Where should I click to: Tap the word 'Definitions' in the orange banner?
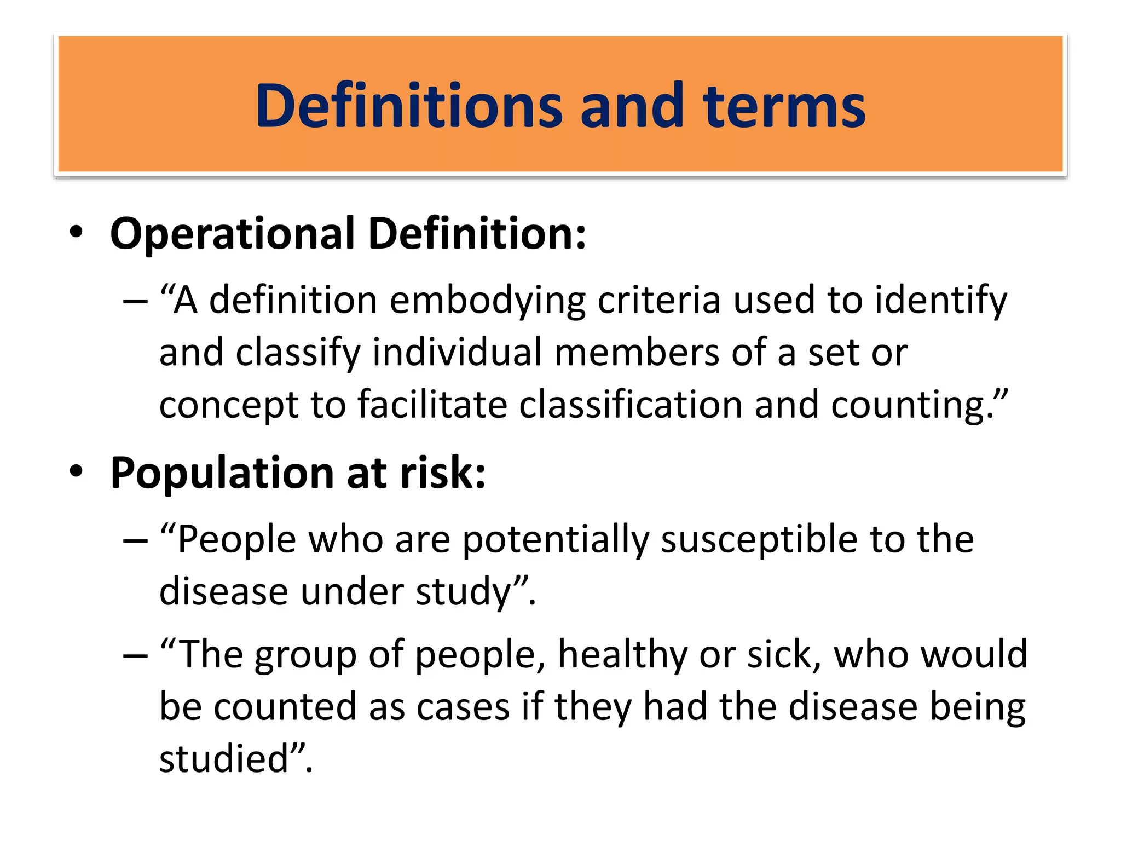pyautogui.click(x=408, y=106)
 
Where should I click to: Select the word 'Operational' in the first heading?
pyautogui.click(x=233, y=234)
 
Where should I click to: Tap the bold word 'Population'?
pyautogui.click(x=222, y=474)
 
